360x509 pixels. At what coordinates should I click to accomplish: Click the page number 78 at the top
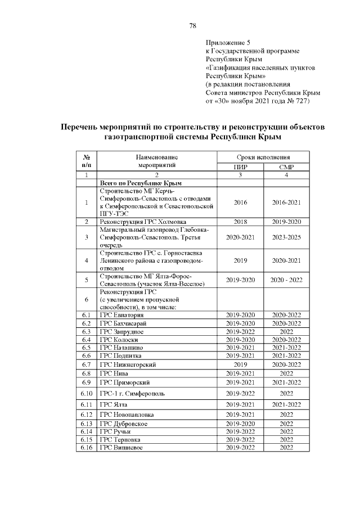192,26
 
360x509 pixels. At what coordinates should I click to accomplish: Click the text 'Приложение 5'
228,43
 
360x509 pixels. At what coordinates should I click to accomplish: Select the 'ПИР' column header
240,166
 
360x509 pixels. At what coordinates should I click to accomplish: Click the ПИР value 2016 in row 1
240,202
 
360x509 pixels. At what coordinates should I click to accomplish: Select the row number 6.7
87,364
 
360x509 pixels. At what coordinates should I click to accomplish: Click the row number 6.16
87,447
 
